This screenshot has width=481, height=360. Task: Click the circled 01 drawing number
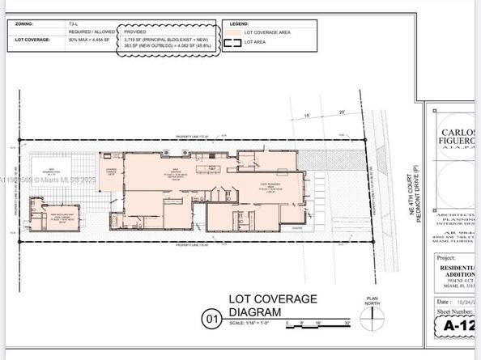tap(212, 320)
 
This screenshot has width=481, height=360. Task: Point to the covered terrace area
tap(111, 167)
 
